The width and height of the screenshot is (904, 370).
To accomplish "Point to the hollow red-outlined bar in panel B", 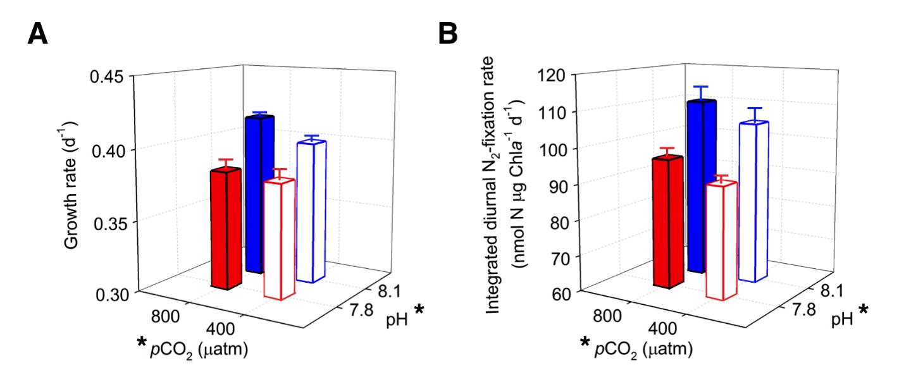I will (722, 239).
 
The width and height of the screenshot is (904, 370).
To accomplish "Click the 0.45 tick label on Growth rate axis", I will (111, 77).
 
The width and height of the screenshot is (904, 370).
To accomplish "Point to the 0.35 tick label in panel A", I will (111, 221).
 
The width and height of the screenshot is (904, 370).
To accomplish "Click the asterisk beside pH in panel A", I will (419, 310).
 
